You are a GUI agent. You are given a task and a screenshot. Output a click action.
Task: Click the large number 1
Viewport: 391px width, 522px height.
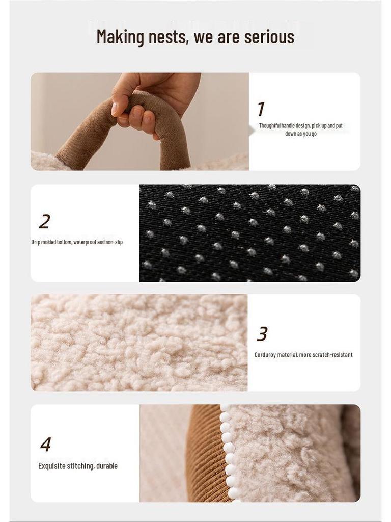pos(261,109)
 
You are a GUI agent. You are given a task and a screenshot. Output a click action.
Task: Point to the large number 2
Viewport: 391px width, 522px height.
pos(45,221)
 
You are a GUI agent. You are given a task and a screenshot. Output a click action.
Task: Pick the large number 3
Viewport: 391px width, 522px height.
pos(262,334)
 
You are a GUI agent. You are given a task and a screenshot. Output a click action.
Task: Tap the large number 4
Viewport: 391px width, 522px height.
pos(45,444)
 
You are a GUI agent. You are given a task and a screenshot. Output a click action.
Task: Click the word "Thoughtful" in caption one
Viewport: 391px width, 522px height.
pos(270,126)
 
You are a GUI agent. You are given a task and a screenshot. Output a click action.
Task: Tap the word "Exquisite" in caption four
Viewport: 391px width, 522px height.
pos(51,466)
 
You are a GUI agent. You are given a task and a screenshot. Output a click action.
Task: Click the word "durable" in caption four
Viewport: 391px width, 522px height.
pos(107,466)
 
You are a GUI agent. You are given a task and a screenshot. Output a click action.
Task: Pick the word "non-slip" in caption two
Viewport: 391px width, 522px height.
pos(114,242)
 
